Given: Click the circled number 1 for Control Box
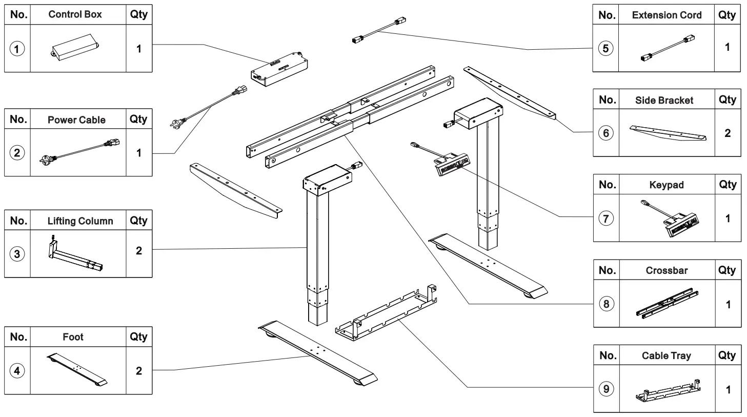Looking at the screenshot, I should pyautogui.click(x=17, y=49).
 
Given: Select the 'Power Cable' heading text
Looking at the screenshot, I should pyautogui.click(x=76, y=120).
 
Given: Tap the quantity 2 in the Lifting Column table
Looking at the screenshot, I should pyautogui.click(x=139, y=251).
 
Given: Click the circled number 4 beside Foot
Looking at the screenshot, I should pyautogui.click(x=17, y=370).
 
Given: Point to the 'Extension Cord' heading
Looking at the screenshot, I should pyautogui.click(x=667, y=15).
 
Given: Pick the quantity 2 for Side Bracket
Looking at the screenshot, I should pyautogui.click(x=728, y=133).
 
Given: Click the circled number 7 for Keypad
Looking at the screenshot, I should pyautogui.click(x=606, y=219).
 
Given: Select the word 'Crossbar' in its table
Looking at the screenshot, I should pyautogui.click(x=667, y=270).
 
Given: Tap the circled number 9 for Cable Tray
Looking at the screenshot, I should pyautogui.click(x=606, y=389).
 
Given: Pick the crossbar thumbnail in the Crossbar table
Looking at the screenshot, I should pyautogui.click(x=667, y=304).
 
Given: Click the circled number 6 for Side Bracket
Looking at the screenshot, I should pyautogui.click(x=606, y=133).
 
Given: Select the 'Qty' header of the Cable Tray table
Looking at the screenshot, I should pyautogui.click(x=727, y=355).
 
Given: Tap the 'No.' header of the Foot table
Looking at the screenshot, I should pyautogui.click(x=18, y=337).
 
